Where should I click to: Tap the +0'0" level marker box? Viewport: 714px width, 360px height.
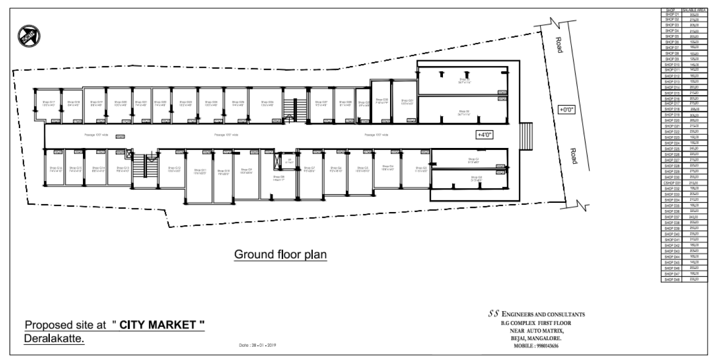(566, 109)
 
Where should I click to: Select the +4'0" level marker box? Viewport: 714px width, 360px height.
(485, 135)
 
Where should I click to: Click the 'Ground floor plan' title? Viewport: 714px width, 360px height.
(280, 254)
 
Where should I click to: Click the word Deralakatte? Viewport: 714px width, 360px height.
(55, 339)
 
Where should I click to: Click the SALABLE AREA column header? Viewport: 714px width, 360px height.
(693, 10)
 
